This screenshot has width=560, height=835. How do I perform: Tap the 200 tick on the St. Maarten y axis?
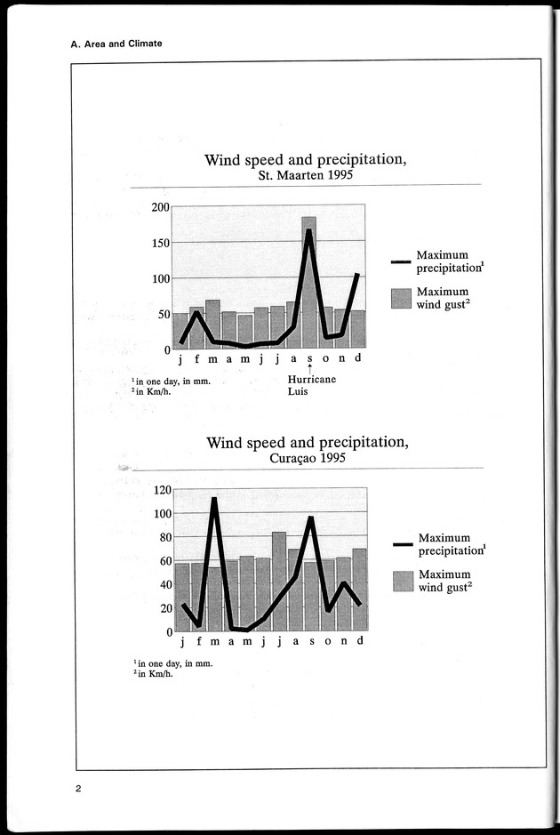[x=160, y=207]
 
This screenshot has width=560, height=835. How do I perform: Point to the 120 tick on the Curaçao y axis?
[x=160, y=490]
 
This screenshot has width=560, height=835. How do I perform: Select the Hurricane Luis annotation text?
[x=307, y=384]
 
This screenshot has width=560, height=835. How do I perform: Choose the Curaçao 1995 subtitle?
[x=307, y=459]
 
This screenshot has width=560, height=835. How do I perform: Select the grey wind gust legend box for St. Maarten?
[x=402, y=298]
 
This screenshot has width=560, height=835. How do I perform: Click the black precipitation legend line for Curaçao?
[x=403, y=544]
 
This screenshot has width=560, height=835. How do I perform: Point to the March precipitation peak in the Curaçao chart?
[x=214, y=499]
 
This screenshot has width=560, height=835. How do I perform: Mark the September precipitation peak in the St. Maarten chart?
[x=308, y=231]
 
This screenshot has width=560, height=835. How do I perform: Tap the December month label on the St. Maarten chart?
[x=358, y=358]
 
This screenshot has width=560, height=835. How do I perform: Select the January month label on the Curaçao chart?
[x=182, y=642]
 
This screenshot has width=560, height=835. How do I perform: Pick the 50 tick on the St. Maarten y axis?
[x=164, y=314]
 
